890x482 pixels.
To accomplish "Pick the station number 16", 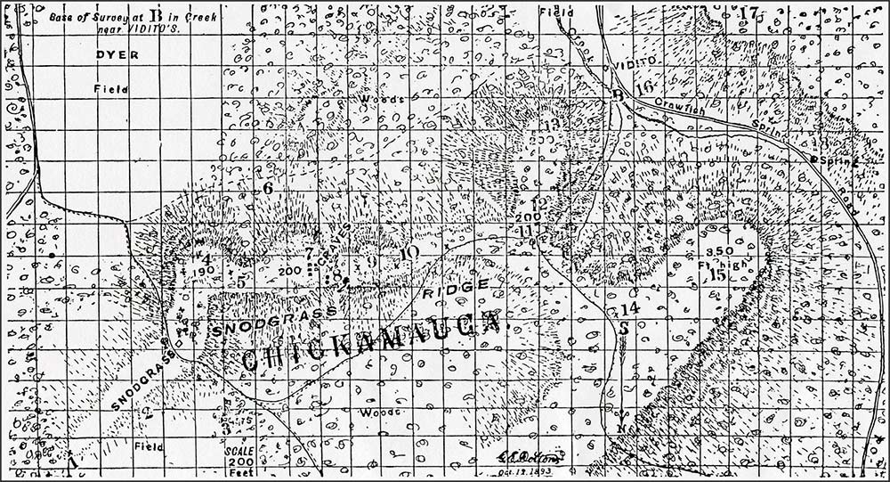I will tap(645, 86).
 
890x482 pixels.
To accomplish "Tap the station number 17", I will tap(748, 13).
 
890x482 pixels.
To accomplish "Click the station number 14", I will tap(629, 308).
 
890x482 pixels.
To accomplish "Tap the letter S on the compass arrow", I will tap(624, 327).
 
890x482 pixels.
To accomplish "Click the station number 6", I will tap(266, 189).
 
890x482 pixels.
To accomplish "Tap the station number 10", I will tap(409, 253).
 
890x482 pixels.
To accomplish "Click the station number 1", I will tap(74, 463).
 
